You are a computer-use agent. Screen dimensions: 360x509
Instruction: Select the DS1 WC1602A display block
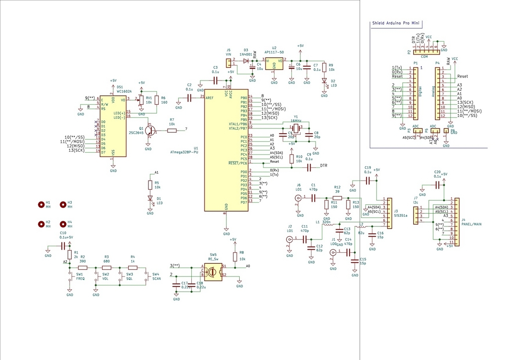coord(113,126)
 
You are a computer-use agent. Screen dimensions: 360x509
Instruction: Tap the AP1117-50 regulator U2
coord(274,64)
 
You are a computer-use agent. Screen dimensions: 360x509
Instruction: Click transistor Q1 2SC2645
coord(149,131)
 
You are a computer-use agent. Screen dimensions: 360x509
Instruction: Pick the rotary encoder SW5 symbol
coord(213,271)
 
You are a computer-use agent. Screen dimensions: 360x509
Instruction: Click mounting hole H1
coord(41,205)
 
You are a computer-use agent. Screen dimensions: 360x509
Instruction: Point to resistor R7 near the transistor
coord(172,131)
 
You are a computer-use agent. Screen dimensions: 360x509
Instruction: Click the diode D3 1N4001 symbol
coord(246,61)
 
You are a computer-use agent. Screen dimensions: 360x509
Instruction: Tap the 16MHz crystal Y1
coord(296,126)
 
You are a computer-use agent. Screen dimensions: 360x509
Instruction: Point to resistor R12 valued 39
coord(337,198)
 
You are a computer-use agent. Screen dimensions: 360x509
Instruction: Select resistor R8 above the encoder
coord(235,257)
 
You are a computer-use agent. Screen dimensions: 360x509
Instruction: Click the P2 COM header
coord(423,51)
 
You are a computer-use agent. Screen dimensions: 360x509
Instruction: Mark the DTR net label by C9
coord(324,165)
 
